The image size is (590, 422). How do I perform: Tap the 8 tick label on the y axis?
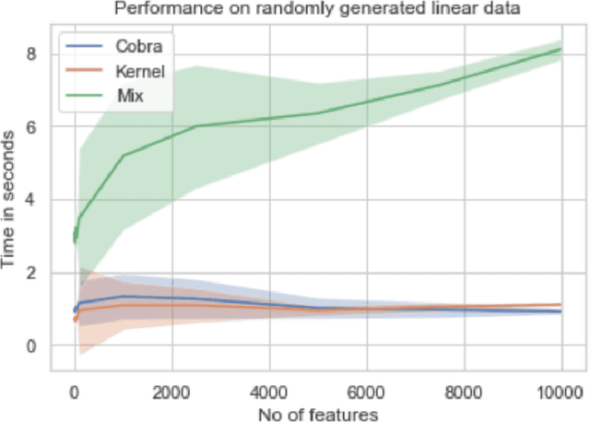31,53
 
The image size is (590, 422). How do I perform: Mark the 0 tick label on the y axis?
31,346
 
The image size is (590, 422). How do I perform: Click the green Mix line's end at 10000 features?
561,49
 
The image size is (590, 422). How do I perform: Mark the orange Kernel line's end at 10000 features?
561,305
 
